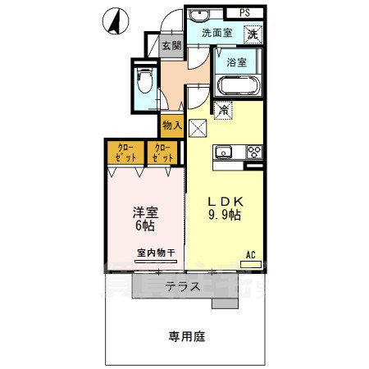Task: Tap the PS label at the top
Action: tap(245, 12)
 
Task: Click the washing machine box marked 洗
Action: tap(253, 34)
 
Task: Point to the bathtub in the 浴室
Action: tap(239, 86)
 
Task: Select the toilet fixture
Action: tap(145, 82)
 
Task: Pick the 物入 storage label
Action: tap(172, 125)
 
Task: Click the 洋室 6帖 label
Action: tap(145, 218)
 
